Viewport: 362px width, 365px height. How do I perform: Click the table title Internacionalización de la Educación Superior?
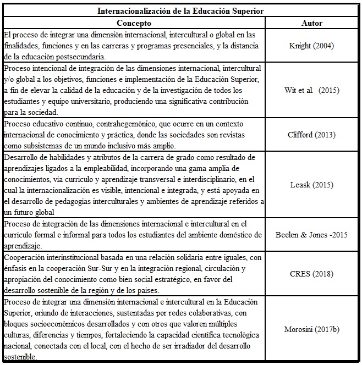point(180,11)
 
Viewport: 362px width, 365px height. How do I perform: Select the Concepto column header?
point(134,23)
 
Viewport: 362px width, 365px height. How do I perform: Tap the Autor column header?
point(312,23)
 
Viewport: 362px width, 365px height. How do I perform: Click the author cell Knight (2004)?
point(312,46)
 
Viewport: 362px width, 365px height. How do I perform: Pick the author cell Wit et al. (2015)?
point(312,90)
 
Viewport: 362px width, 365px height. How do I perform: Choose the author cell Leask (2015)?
point(312,185)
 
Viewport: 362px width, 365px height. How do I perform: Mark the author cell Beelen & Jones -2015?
point(312,235)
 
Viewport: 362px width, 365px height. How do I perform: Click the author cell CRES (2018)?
point(312,274)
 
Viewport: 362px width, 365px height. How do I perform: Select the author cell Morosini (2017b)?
point(312,329)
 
